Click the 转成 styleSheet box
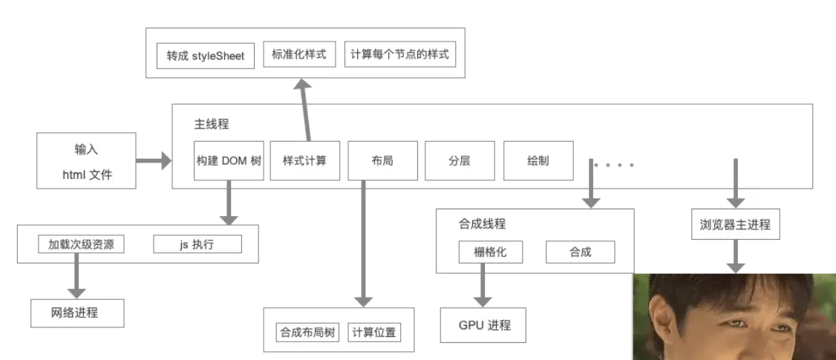point(206,55)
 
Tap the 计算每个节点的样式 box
point(400,55)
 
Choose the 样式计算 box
point(304,160)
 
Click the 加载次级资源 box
point(81,244)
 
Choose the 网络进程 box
point(76,313)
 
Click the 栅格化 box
point(489,252)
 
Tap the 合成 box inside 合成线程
point(581,252)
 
